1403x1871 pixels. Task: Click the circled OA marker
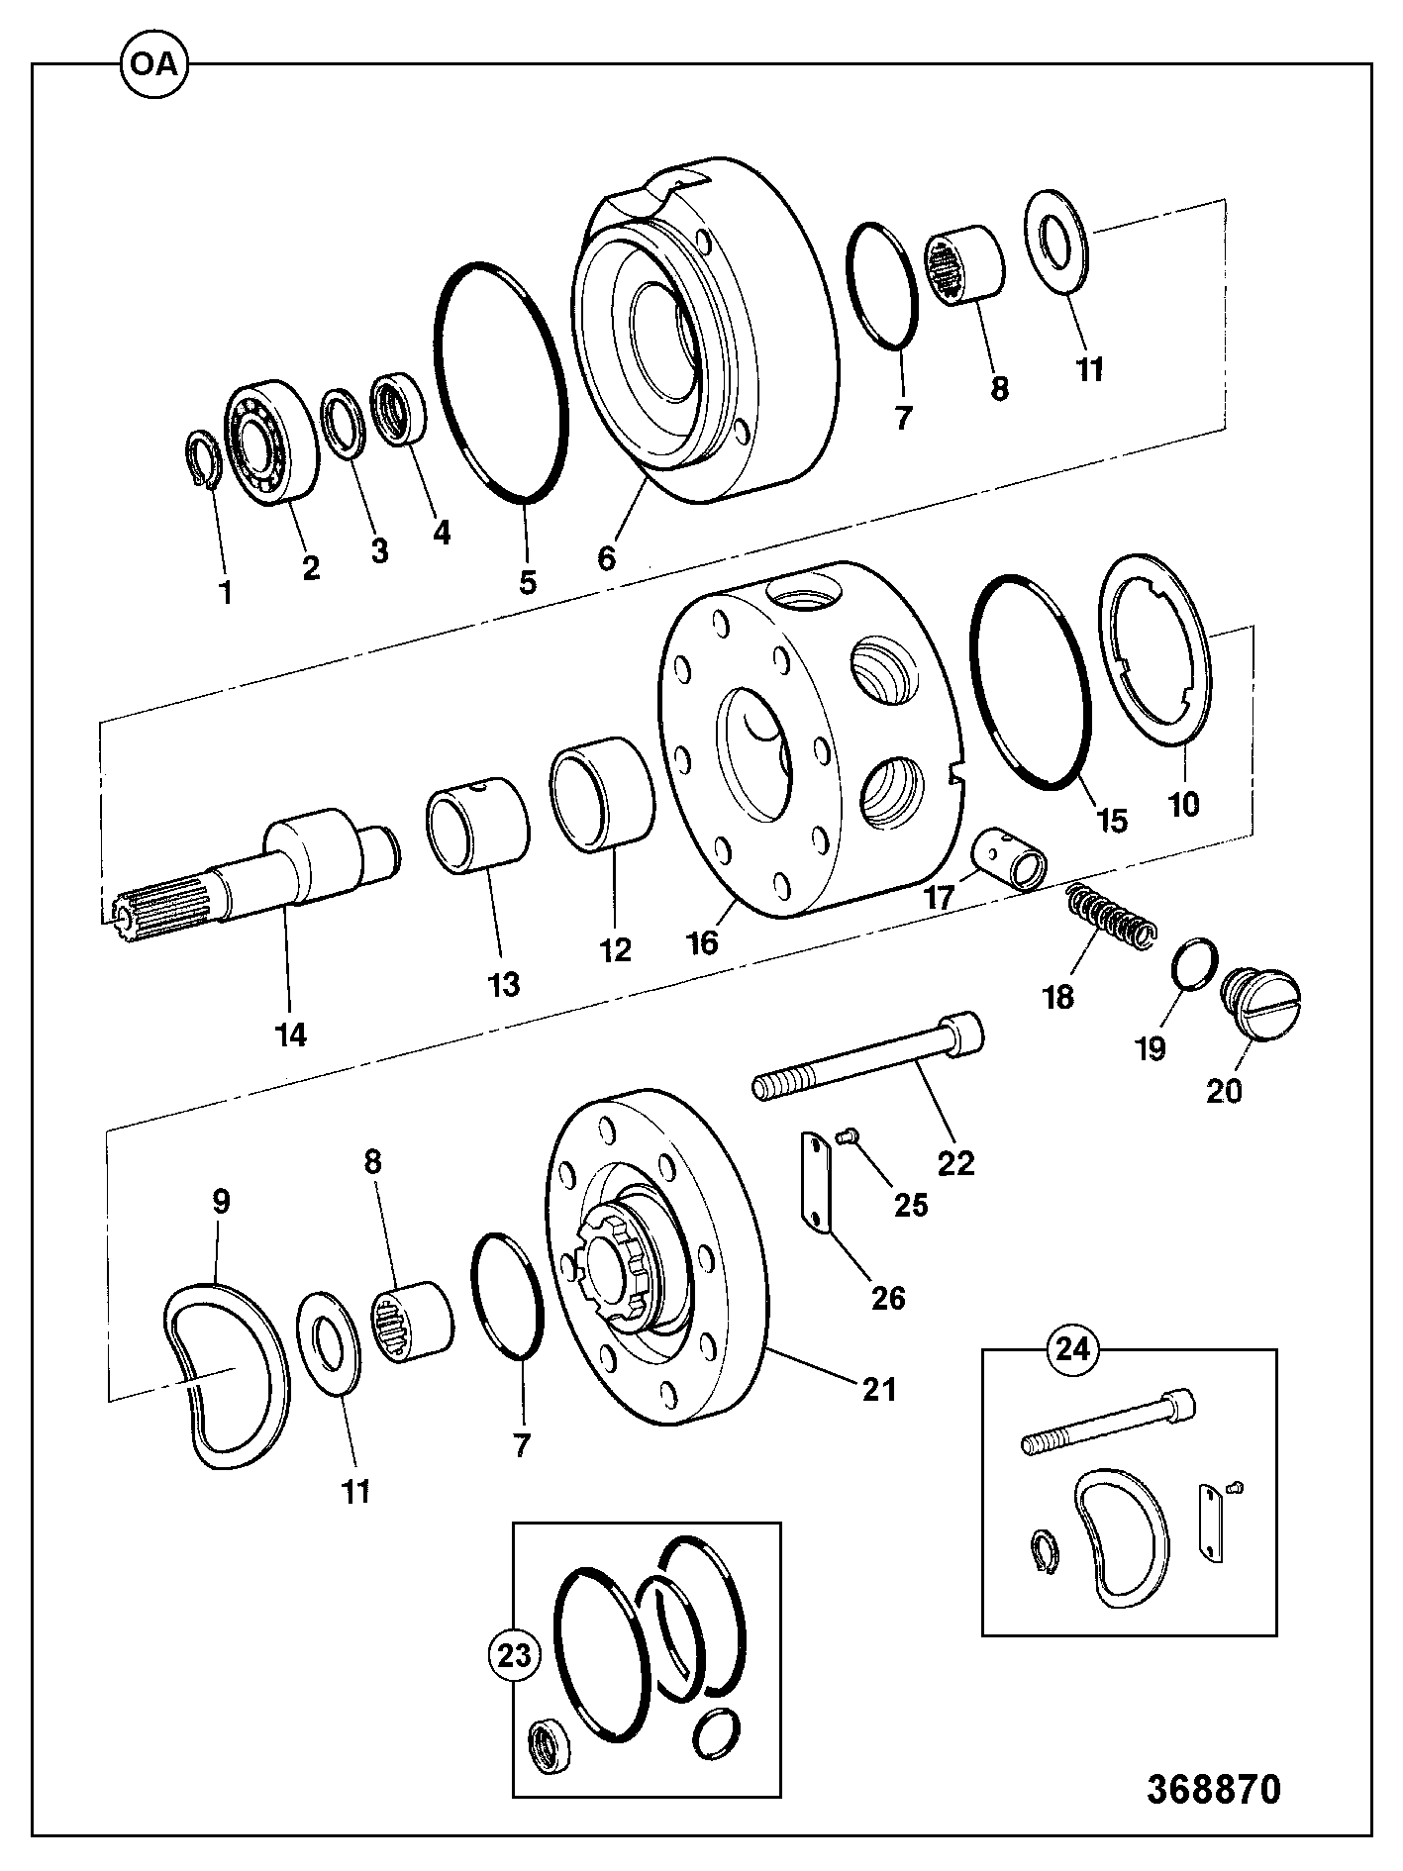153,64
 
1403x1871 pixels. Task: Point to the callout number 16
703,941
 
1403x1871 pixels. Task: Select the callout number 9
221,1203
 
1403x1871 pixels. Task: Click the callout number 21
880,1389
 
